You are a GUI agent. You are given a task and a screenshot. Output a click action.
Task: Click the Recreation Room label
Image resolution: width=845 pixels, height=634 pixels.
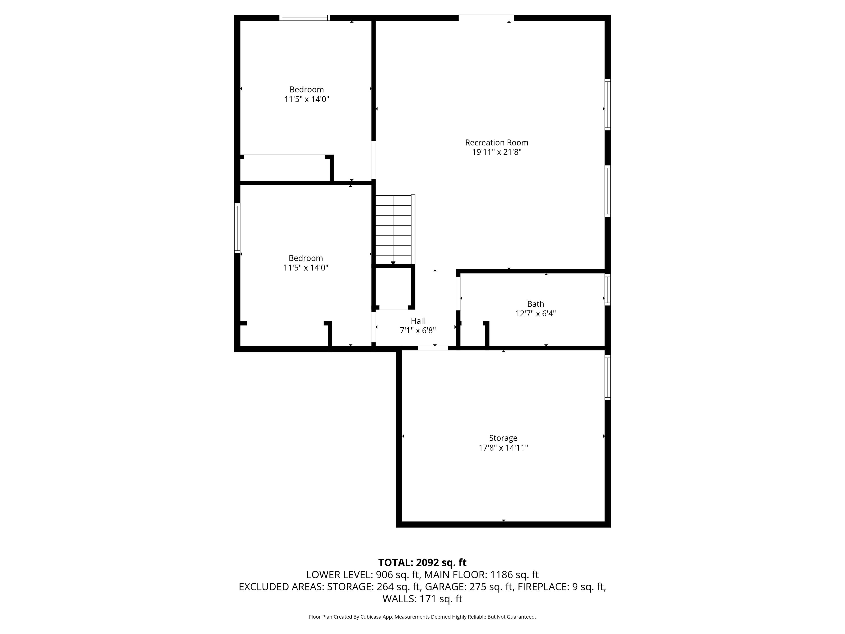click(x=497, y=143)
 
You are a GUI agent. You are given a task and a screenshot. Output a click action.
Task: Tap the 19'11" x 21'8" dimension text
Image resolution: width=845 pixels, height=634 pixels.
click(x=497, y=152)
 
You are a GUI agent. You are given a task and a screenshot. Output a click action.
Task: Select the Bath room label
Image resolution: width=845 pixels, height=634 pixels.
click(x=536, y=304)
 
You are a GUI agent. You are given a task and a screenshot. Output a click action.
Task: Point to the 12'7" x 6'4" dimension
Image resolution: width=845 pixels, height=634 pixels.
click(x=536, y=314)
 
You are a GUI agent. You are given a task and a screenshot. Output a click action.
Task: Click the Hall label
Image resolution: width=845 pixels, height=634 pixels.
click(x=418, y=321)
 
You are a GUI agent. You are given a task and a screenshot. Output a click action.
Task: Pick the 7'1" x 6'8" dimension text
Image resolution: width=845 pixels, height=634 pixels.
click(x=418, y=331)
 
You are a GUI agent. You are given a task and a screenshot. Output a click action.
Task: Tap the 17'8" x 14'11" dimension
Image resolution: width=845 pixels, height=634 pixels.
click(x=503, y=448)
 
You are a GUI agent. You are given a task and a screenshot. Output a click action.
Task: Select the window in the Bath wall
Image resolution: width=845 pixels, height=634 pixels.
click(x=607, y=290)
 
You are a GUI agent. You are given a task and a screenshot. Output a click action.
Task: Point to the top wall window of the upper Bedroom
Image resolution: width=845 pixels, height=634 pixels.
click(x=305, y=18)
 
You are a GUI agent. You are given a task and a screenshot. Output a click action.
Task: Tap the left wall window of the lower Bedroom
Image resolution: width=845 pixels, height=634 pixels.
click(x=237, y=228)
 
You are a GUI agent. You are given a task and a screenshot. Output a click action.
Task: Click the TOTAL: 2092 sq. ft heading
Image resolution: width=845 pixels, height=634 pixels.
click(x=422, y=562)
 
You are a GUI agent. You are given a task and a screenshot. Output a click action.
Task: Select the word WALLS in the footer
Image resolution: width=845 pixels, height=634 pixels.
click(x=399, y=599)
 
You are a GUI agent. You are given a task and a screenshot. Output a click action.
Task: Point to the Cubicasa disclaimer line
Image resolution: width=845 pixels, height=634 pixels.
click(x=422, y=617)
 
